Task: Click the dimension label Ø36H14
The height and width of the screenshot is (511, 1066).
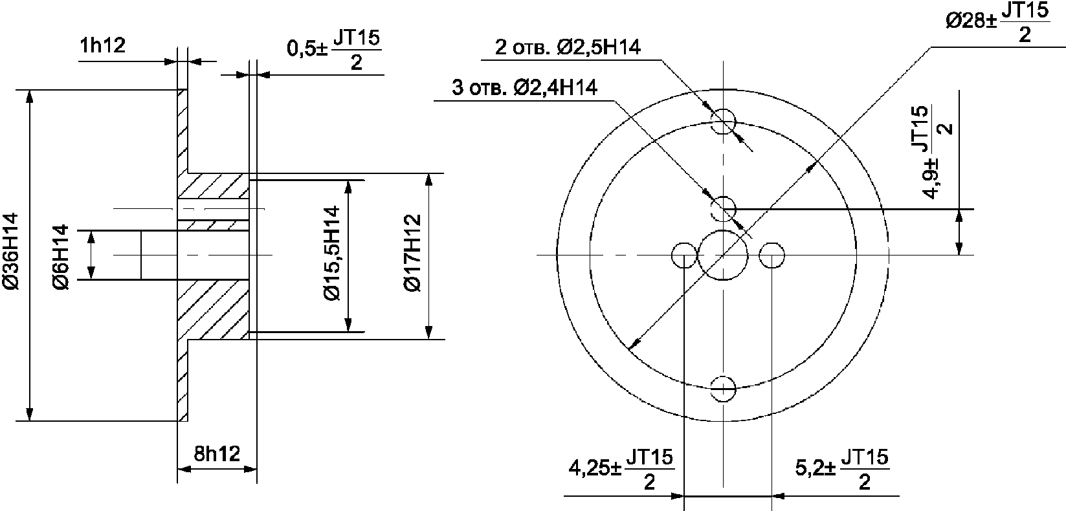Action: click(10, 251)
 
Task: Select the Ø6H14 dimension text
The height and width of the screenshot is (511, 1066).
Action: click(61, 257)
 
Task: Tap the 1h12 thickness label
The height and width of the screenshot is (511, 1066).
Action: click(103, 45)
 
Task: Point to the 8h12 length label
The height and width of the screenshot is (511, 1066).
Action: click(217, 454)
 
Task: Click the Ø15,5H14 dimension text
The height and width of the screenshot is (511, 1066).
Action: click(332, 253)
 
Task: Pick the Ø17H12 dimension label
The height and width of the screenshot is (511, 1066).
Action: click(412, 253)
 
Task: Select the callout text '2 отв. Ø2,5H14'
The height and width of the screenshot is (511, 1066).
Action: click(568, 48)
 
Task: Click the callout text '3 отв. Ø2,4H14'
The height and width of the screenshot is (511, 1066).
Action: click(524, 87)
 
